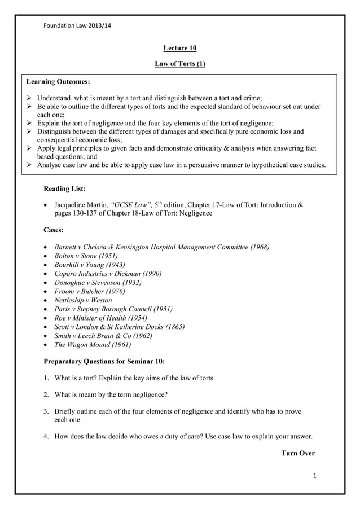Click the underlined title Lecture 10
click(x=179, y=49)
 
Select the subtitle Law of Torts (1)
click(x=179, y=64)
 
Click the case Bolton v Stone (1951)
click(x=86, y=256)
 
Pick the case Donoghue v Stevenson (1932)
click(x=98, y=282)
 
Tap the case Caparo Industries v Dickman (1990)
click(x=108, y=273)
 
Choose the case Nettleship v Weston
click(x=83, y=300)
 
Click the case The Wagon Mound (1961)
click(x=93, y=344)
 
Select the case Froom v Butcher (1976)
click(x=90, y=291)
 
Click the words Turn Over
click(x=297, y=453)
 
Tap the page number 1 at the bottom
click(x=314, y=477)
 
